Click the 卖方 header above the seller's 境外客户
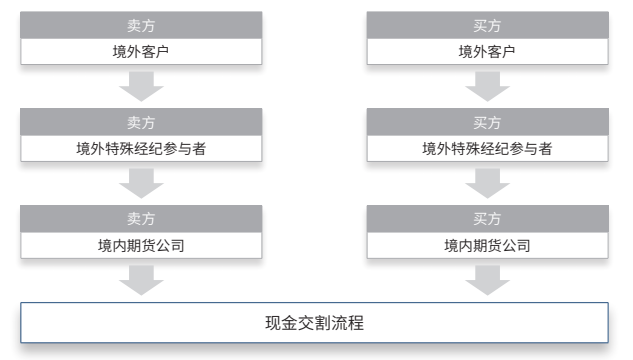point(141,26)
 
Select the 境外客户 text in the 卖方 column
point(141,52)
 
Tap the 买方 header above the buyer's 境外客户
point(487,26)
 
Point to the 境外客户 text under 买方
point(487,52)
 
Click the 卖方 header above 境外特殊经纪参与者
point(141,123)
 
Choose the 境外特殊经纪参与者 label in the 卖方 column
point(141,149)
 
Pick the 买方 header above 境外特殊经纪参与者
point(487,123)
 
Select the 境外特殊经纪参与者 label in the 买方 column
point(487,149)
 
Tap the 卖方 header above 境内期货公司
point(141,219)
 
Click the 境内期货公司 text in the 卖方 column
point(141,245)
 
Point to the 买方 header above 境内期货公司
point(487,219)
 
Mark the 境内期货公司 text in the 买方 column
point(487,245)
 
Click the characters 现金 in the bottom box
point(281,323)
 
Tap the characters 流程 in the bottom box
point(348,323)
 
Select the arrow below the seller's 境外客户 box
point(141,86)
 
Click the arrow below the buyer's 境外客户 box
point(488,86)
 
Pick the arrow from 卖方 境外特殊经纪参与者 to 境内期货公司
point(141,184)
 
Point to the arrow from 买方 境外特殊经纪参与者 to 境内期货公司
point(488,184)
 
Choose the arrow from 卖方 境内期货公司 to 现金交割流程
point(141,280)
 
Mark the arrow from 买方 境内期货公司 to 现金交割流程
point(488,280)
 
